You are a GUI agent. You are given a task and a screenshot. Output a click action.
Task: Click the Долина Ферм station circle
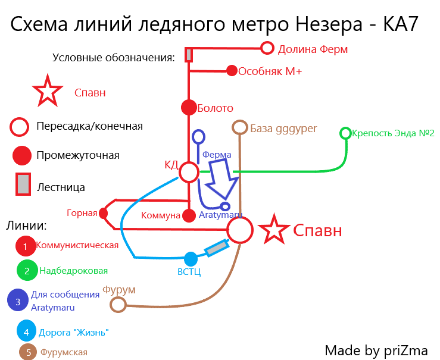tap(267, 48)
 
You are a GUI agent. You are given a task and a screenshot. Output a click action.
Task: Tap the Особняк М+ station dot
tap(232, 71)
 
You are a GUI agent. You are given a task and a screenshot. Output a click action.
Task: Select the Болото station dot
tap(189, 108)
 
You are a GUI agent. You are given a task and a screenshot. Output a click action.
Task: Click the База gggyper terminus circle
tap(239, 127)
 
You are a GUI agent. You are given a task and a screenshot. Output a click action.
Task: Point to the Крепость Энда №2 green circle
tap(345, 133)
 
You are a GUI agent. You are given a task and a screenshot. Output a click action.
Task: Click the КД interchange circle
tap(189, 173)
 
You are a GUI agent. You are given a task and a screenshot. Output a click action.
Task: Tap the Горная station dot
tap(104, 212)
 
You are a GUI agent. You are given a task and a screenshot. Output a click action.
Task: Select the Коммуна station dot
tap(189, 215)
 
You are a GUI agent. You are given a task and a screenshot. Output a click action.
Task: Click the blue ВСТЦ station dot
tap(191, 259)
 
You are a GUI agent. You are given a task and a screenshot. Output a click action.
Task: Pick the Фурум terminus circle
tap(118, 305)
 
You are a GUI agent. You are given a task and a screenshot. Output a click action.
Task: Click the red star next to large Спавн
tap(274, 229)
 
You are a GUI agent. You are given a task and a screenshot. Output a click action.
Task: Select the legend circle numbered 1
tap(26, 245)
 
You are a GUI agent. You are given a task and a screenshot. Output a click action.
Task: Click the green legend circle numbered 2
tap(27, 270)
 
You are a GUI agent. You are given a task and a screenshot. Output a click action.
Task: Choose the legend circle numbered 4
tap(26, 331)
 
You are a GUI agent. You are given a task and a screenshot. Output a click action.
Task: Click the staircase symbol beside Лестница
tap(22, 185)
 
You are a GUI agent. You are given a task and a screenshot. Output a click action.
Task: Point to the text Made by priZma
tap(376, 349)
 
